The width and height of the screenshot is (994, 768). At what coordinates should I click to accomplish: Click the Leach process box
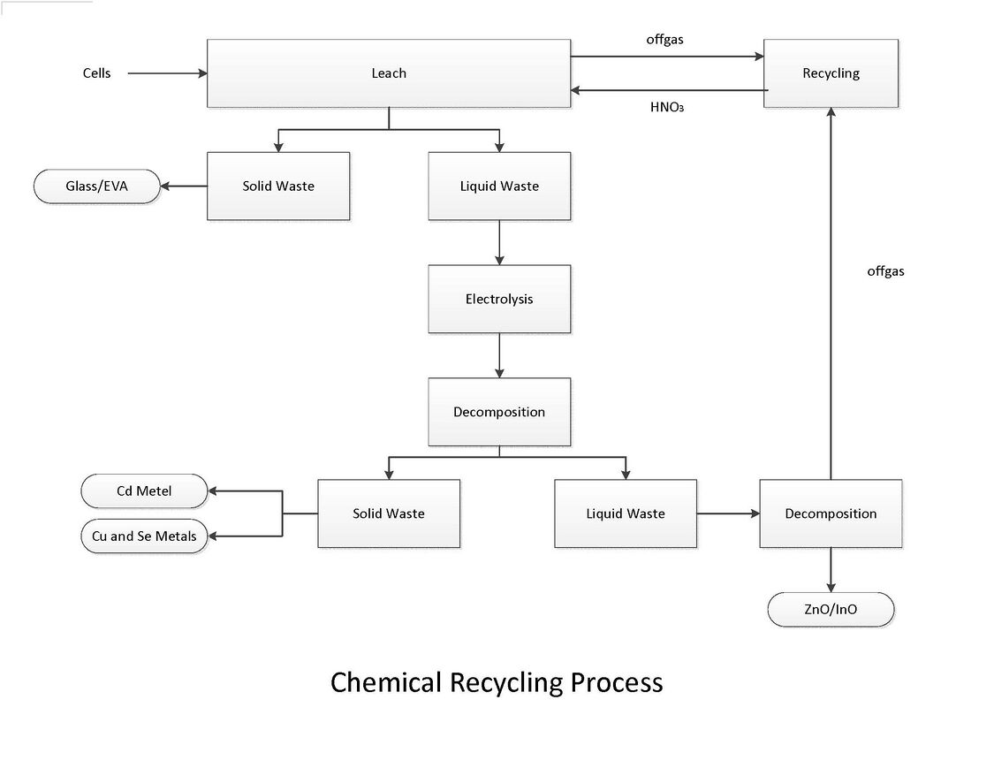coord(388,73)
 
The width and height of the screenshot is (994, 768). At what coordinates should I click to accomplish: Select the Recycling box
coord(831,73)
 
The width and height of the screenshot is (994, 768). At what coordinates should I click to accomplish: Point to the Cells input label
coord(97,73)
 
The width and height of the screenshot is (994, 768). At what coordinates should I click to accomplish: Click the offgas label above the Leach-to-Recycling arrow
coord(664,40)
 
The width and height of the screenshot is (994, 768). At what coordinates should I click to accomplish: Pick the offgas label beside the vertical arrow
coord(885,271)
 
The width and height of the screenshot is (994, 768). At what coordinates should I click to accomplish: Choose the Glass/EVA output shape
coord(97,186)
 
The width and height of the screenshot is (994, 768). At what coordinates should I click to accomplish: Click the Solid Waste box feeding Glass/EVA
coord(278,186)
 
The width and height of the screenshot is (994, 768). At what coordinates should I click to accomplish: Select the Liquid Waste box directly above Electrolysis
coord(499,186)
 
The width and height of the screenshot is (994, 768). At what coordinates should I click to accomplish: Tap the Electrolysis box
coord(499,300)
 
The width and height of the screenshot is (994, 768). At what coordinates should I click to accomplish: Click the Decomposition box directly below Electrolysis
coord(499,412)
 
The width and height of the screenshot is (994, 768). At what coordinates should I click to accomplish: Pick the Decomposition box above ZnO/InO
coord(831,513)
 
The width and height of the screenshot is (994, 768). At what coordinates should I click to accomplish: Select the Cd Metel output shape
coord(144,491)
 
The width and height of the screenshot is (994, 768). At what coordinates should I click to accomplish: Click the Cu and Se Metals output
coord(144,536)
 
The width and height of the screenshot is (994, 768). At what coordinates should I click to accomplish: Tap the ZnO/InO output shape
coord(831,609)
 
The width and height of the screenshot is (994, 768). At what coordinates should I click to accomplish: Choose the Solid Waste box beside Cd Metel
coord(388,513)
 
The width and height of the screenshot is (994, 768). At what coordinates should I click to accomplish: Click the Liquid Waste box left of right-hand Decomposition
coord(625,513)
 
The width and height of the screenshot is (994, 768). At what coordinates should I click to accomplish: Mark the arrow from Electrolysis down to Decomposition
coord(499,355)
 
